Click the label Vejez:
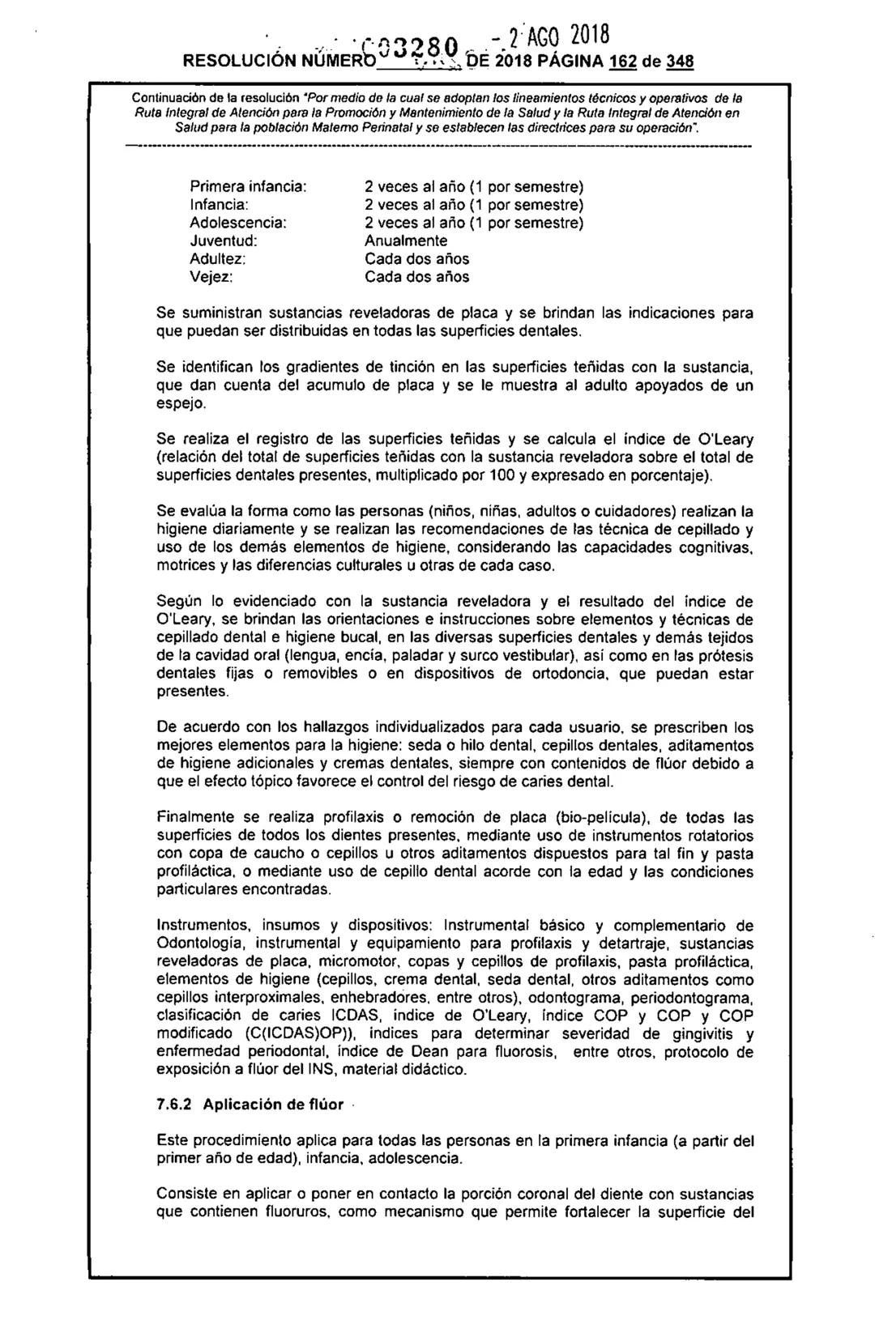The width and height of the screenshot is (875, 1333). tap(211, 277)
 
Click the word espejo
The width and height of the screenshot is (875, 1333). tap(182, 403)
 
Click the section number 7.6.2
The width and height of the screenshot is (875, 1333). tap(175, 1105)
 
